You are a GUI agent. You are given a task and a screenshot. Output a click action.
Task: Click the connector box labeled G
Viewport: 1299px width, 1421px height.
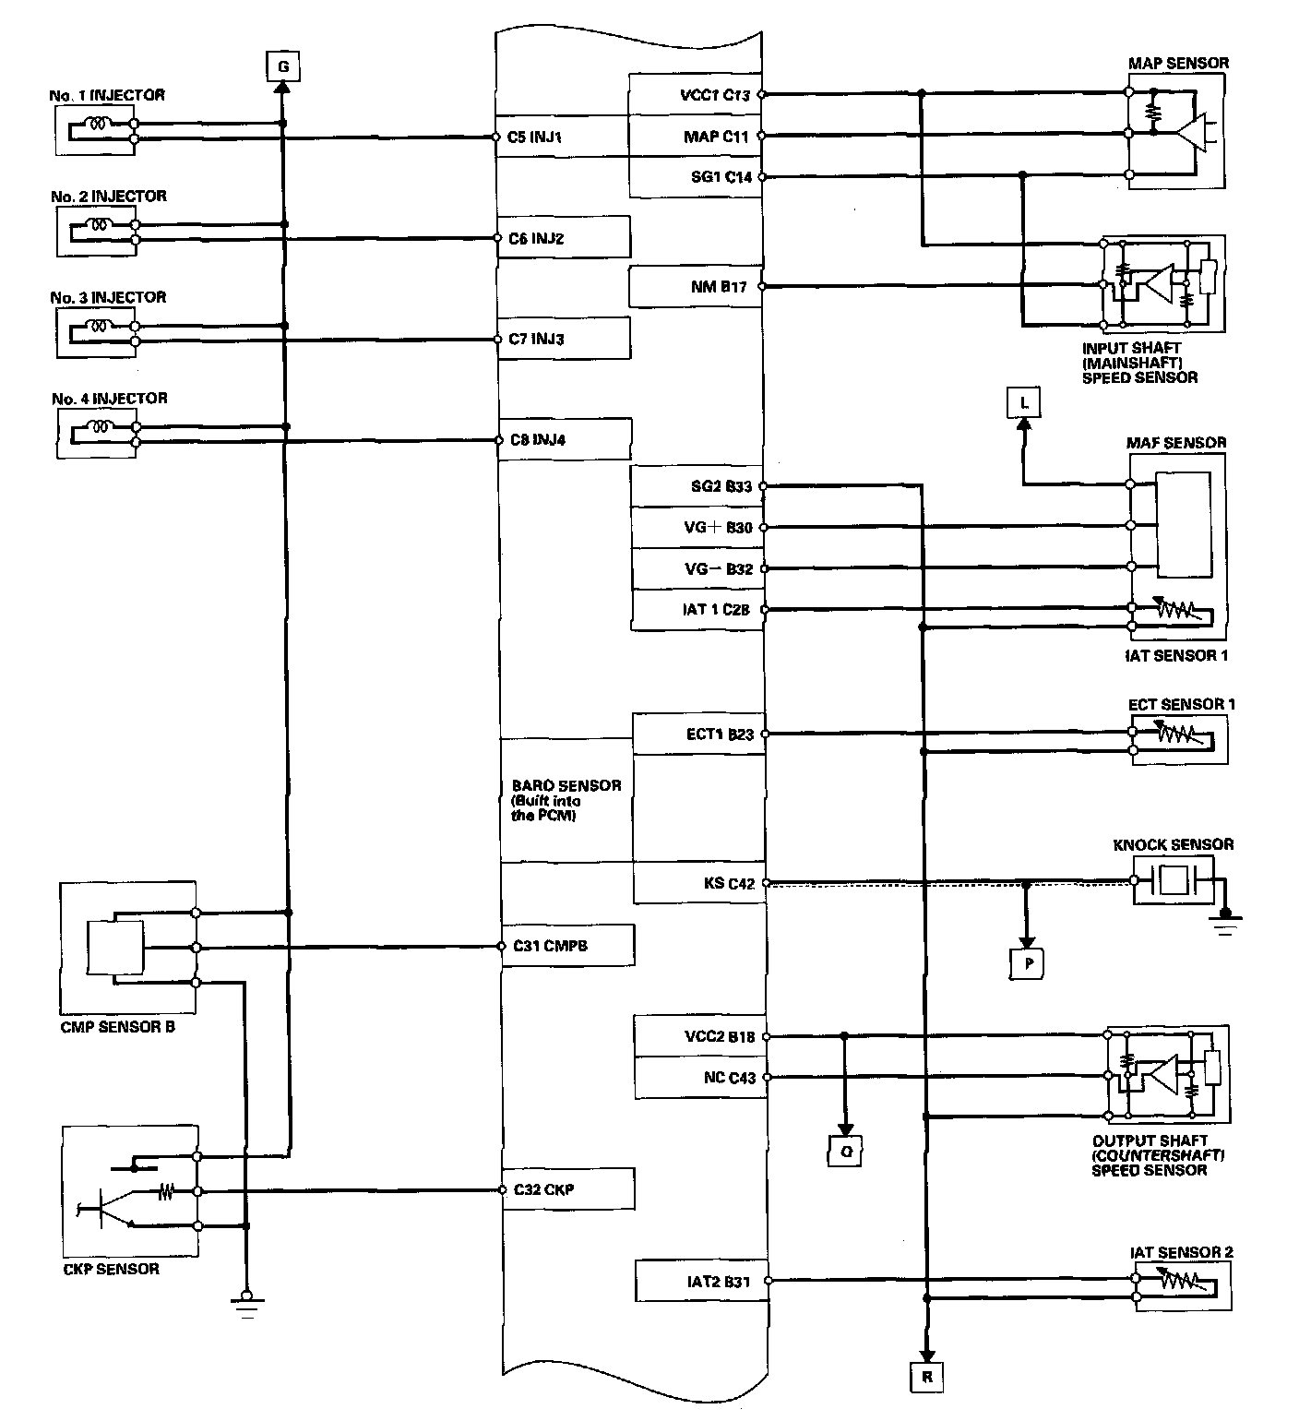[282, 66]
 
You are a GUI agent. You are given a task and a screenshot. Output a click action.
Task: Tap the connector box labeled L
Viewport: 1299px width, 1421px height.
[1023, 402]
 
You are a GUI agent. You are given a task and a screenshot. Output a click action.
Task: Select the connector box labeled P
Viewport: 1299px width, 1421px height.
[1028, 962]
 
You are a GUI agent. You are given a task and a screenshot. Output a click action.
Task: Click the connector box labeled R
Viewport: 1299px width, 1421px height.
[926, 1377]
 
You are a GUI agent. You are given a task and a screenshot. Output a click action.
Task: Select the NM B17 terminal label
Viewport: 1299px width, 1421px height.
[719, 287]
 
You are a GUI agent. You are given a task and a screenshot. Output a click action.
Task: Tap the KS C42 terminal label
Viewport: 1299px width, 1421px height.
[729, 883]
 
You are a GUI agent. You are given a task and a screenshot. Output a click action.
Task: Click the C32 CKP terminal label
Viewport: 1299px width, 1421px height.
[544, 1189]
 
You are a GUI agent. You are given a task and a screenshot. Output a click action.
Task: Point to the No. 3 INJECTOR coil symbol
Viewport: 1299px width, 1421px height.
[99, 326]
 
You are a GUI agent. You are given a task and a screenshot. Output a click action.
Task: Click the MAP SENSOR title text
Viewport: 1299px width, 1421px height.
[1178, 64]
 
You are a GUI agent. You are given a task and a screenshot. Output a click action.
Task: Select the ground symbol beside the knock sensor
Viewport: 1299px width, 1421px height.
[1225, 921]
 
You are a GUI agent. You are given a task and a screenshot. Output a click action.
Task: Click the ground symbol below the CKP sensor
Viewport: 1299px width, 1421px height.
[245, 1301]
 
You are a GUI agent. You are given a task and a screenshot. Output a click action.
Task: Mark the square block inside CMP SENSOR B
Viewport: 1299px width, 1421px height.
[115, 947]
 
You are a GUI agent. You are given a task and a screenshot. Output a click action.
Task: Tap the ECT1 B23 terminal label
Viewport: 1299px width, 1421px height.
[720, 734]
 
